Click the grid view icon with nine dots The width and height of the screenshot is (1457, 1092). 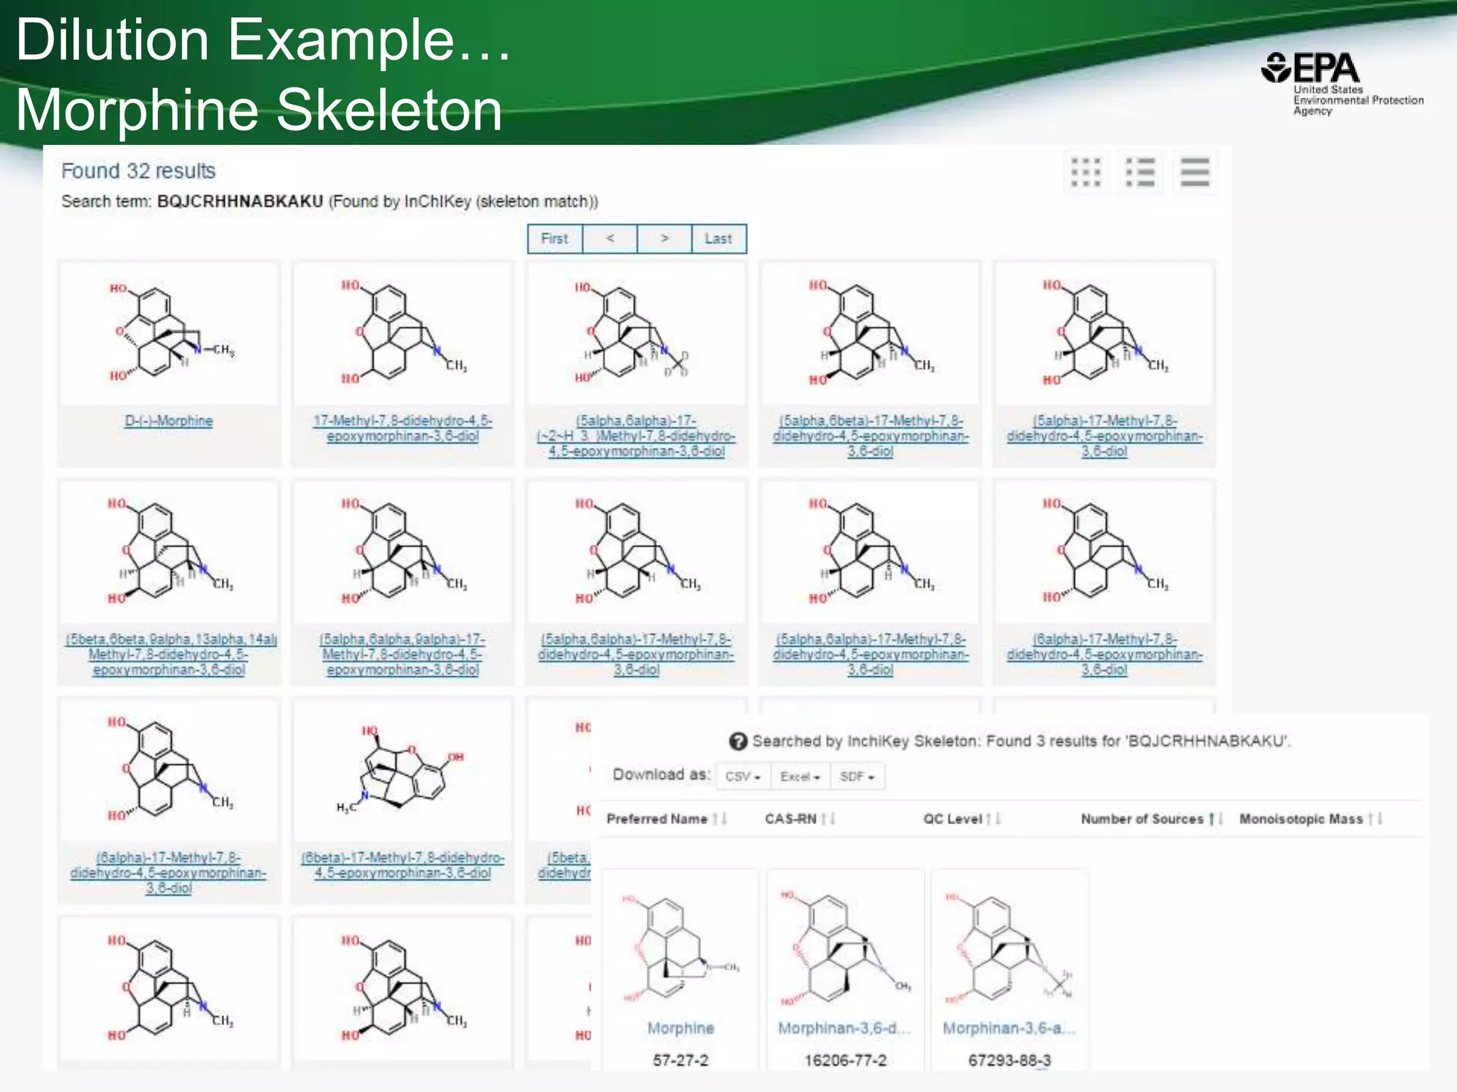click(1086, 172)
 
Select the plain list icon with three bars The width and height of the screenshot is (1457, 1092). click(1195, 172)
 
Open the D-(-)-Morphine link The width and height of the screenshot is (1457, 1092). click(169, 421)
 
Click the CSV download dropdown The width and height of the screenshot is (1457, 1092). click(743, 776)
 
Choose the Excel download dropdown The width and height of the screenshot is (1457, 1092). click(800, 776)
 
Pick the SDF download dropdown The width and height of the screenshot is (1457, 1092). click(857, 776)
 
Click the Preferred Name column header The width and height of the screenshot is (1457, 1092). click(657, 819)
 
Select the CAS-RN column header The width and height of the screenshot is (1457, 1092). click(790, 819)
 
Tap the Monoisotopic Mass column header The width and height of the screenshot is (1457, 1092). click(1300, 819)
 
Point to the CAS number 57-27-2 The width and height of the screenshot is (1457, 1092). click(680, 1060)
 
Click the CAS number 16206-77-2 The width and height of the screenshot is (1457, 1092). click(845, 1060)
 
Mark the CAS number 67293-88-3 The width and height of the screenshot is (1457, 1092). click(1009, 1060)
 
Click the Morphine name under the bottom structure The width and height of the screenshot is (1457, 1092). click(680, 1028)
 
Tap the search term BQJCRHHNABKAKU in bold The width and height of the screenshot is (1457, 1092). click(240, 201)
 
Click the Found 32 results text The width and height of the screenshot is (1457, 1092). click(138, 171)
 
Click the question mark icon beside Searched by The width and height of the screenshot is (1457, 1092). click(738, 742)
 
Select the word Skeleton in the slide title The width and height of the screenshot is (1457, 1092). click(388, 110)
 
